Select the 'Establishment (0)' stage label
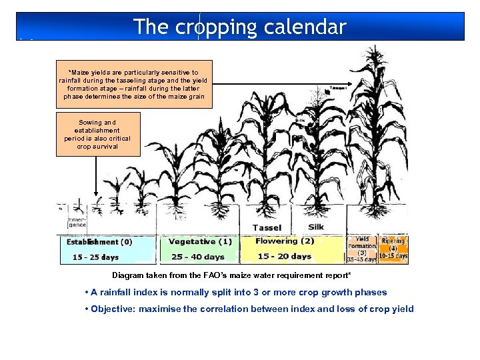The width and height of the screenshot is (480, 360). click(x=99, y=242)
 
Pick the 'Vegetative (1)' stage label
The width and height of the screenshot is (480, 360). click(x=200, y=241)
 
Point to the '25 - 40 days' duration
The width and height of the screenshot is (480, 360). click(x=197, y=257)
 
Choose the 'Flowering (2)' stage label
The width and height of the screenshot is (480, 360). click(x=285, y=241)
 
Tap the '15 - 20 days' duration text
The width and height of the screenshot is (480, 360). click(x=284, y=256)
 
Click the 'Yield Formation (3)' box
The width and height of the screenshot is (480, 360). click(x=362, y=249)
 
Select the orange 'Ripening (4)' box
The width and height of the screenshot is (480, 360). click(x=393, y=249)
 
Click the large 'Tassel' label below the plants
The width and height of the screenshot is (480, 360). click(x=267, y=227)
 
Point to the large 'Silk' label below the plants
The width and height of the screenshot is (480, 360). click(x=316, y=227)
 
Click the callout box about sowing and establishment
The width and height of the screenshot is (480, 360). click(x=98, y=134)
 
